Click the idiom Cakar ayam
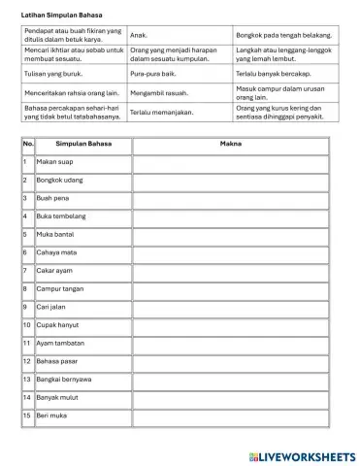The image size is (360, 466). coord(55,270)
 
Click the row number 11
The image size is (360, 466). coord(27,343)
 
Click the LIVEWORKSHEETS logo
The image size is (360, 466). coord(303,455)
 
